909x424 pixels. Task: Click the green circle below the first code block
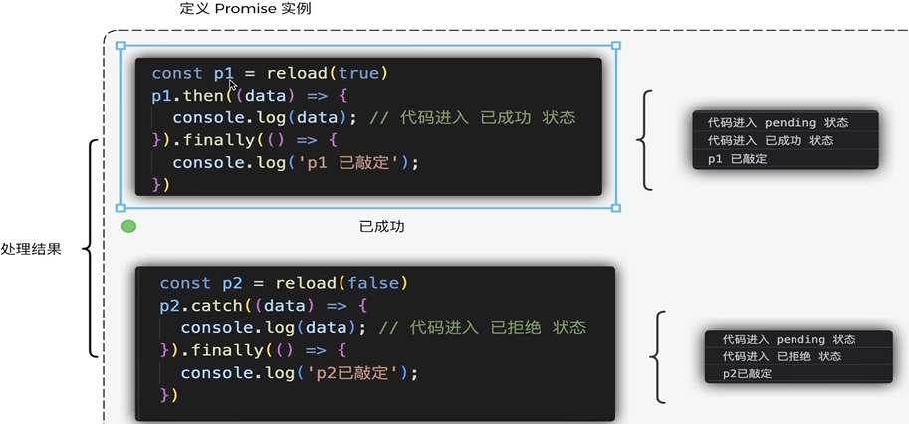128,227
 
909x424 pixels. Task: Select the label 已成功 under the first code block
381,227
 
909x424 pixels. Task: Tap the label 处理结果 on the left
31,249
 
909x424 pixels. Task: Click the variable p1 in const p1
222,73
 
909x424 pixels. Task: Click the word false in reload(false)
373,283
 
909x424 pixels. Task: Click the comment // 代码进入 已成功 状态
472,117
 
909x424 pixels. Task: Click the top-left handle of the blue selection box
121,45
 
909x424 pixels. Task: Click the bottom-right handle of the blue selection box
615,208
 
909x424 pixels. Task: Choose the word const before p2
185,283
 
